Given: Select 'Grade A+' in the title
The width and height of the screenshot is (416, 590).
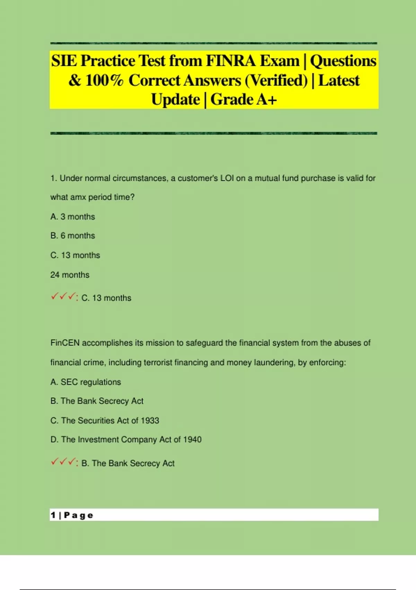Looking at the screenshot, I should point(243,100).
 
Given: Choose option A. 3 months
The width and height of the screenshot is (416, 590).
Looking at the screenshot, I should point(72,217).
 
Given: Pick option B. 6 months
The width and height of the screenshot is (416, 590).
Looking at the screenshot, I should point(72,236).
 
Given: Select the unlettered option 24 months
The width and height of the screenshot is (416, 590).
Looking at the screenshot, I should point(70,275).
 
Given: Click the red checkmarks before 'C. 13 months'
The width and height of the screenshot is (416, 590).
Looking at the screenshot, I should point(63,297).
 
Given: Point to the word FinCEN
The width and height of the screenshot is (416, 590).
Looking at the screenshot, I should point(65,343).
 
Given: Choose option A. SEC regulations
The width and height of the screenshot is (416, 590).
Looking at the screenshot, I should point(86,382).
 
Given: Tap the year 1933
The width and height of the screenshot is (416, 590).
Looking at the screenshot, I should point(150,421).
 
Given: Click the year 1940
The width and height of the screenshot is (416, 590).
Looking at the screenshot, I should point(192,440).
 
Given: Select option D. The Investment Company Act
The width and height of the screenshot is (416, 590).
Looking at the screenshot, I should point(126,440).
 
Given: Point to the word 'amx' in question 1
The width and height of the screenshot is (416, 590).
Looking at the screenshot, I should point(78,197).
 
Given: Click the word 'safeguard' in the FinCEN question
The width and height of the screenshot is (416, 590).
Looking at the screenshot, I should point(204,343).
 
